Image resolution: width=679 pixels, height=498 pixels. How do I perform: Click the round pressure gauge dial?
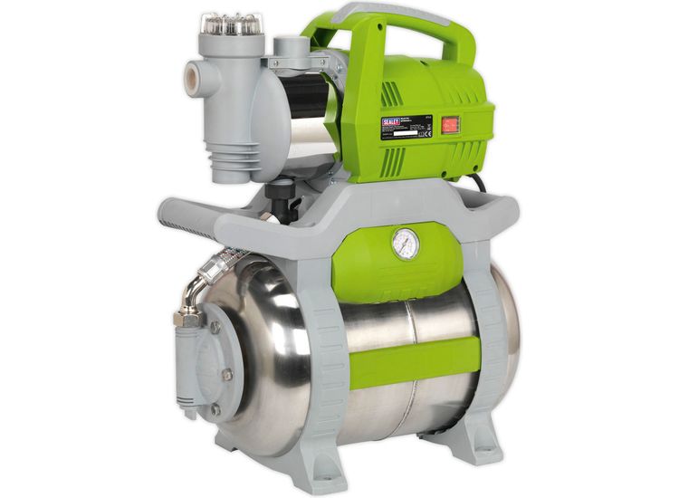(x=406, y=244)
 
